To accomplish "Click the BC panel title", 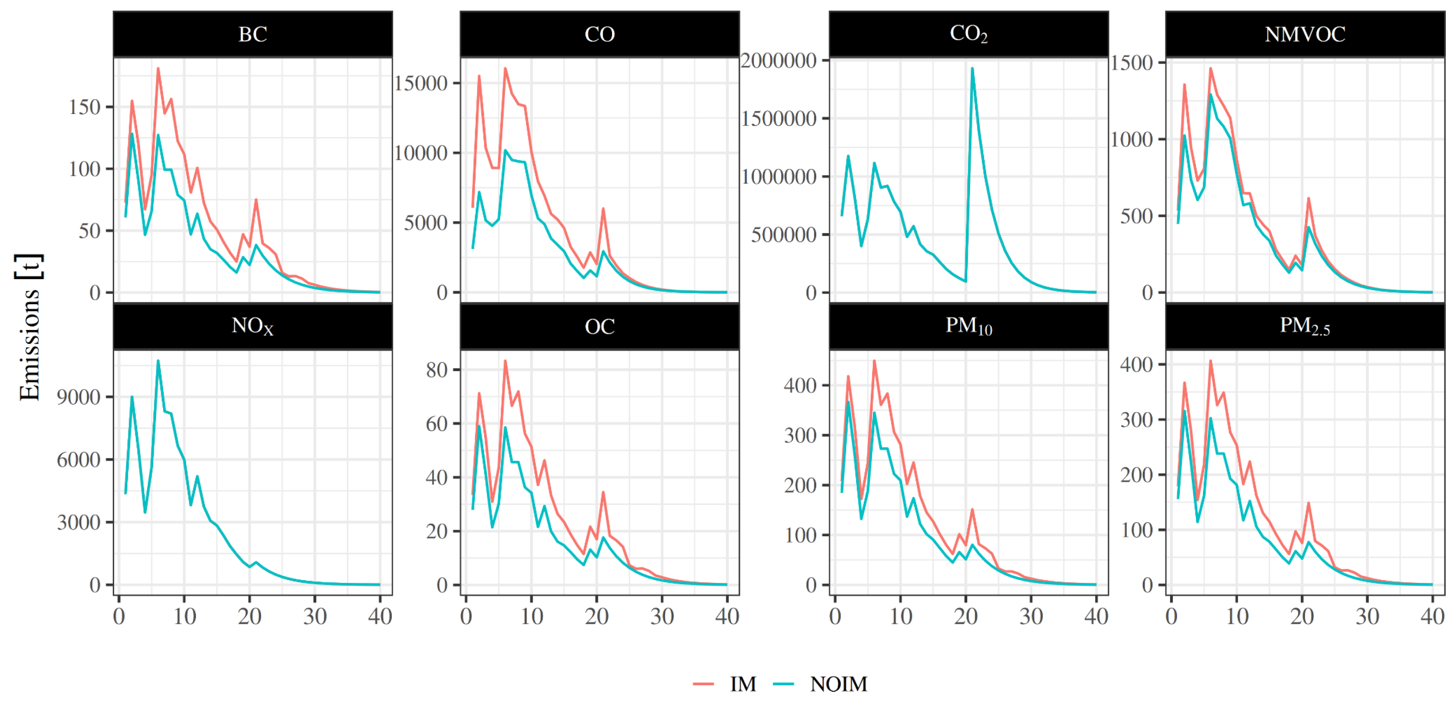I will tap(252, 35).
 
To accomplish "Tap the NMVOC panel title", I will tap(1304, 35).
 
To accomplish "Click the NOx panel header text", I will tap(252, 326).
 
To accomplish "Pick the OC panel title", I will tap(599, 326).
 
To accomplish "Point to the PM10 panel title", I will tap(968, 326).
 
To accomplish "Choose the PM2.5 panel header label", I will tap(1304, 326).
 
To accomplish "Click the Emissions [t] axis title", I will tap(28, 328).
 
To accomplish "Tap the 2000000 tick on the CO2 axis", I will tap(778, 60).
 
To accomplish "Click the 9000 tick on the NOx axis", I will tap(79, 397).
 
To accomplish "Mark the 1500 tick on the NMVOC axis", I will tap(1132, 63).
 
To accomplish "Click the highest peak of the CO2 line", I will tap(972, 68).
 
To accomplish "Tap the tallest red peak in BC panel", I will tap(158, 68).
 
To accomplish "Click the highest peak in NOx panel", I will tap(158, 360).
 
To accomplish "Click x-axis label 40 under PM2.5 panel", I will tap(1432, 616).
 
